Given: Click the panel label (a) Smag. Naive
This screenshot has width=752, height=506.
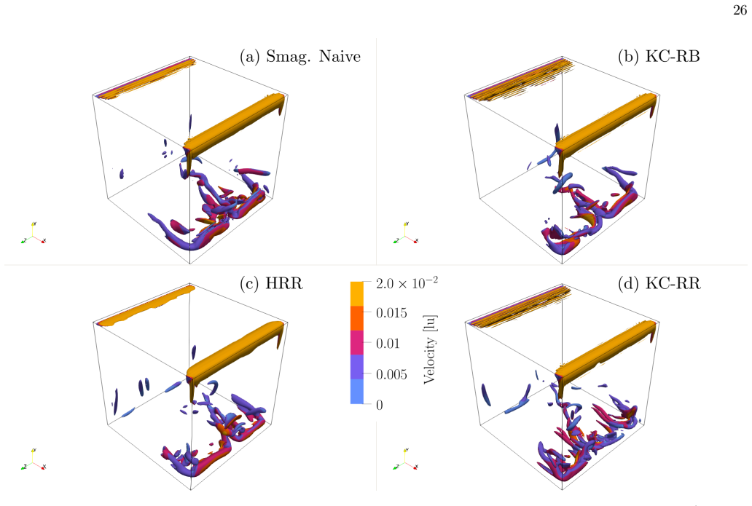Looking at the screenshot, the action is point(300,57).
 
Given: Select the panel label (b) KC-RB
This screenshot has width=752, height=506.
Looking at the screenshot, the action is point(659,57).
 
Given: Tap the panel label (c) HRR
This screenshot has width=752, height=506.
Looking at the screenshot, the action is point(272,283).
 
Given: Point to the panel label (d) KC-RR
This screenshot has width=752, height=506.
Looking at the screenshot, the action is point(659,283).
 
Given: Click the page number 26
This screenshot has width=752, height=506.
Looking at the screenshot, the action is point(740,10).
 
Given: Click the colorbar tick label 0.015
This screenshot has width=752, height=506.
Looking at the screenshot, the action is point(391,313).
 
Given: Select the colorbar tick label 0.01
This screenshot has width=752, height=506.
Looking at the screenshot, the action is point(388,344).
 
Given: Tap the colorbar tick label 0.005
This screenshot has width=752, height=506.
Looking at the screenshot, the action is point(391,374).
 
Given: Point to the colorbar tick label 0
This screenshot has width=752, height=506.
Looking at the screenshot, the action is point(380,405).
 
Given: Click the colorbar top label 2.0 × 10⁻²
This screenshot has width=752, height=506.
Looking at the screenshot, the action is point(407,283).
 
